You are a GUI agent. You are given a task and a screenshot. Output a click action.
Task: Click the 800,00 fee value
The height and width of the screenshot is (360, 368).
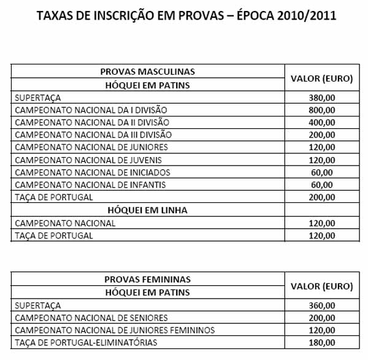(322, 110)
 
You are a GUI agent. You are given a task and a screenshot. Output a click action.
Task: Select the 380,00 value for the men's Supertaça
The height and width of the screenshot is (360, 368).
(322, 98)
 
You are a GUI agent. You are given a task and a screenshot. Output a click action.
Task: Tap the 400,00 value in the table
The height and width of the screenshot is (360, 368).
(322, 123)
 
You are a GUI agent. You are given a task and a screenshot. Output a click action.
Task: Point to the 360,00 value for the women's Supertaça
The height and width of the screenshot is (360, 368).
(322, 305)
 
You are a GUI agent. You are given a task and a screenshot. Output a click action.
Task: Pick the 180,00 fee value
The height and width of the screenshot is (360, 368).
(322, 342)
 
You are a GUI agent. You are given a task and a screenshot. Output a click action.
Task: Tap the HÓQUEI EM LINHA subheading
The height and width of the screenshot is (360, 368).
(147, 210)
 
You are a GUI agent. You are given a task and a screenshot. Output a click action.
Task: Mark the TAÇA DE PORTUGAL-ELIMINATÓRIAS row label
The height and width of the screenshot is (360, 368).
(86, 342)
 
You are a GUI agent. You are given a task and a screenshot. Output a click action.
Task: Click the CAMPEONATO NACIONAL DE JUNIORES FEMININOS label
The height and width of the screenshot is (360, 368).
(114, 330)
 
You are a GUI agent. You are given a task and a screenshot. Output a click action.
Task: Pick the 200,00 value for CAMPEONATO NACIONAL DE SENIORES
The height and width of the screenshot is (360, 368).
(322, 318)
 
